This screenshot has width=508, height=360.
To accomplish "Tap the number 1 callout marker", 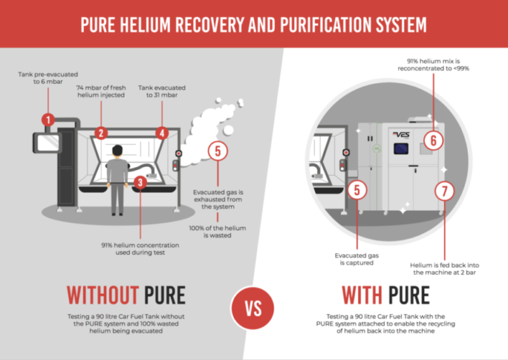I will pyautogui.click(x=48, y=119).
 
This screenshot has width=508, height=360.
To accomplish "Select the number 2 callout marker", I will pyautogui.click(x=100, y=133).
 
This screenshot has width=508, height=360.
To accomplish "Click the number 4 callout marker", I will pyautogui.click(x=162, y=133).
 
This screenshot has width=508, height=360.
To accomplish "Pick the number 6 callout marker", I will pyautogui.click(x=434, y=141).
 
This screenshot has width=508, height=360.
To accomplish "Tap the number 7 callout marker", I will pyautogui.click(x=443, y=190).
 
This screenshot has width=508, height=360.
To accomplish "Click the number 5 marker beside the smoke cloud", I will pyautogui.click(x=218, y=151).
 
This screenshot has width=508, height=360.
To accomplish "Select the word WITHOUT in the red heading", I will pyautogui.click(x=102, y=295).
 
